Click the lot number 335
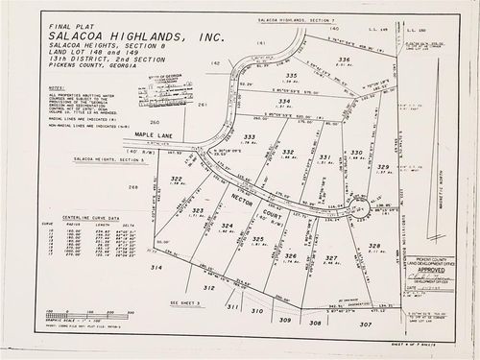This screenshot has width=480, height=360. coord(291,74)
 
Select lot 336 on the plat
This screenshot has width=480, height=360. coord(343,59)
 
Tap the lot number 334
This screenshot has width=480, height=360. coord(283,101)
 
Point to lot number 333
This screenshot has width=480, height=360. coord(249,137)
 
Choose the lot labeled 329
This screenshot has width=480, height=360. coord(383,167)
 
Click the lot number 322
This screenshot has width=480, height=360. coord(176,180)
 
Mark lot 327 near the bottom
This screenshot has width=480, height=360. coord(330,257)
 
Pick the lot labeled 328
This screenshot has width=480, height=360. coord(374,246)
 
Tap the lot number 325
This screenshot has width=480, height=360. coord(257,238)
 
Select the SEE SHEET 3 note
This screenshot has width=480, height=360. coord(184,300)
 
